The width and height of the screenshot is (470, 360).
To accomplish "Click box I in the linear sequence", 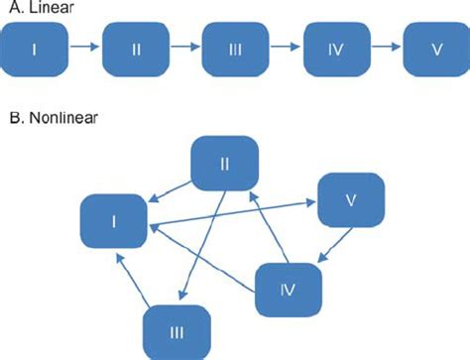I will [35, 47].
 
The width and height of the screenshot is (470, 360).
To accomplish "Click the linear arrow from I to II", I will [85, 47].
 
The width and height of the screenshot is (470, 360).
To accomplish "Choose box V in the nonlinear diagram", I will [350, 201].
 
